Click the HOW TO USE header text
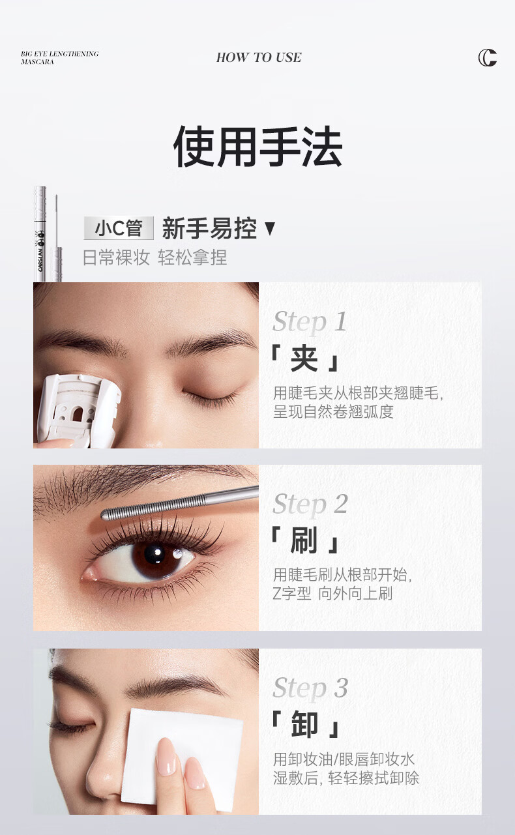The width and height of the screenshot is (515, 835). [259, 57]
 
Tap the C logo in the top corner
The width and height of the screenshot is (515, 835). [488, 57]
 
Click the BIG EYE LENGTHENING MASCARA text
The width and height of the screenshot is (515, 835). [60, 58]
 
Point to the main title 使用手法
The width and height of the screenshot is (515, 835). [257, 146]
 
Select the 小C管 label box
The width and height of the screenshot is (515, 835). [119, 227]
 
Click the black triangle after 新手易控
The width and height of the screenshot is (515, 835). [270, 228]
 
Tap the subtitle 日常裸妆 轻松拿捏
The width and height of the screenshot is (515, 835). [154, 257]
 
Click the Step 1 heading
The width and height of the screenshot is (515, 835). [310, 321]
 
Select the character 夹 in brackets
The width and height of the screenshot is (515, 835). [304, 359]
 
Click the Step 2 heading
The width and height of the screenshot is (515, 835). [310, 504]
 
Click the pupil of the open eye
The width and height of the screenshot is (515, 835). [154, 554]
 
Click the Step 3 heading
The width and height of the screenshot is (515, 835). [310, 686]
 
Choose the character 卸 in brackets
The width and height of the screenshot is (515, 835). [304, 724]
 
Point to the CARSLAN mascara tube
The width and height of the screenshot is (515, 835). [40, 234]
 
